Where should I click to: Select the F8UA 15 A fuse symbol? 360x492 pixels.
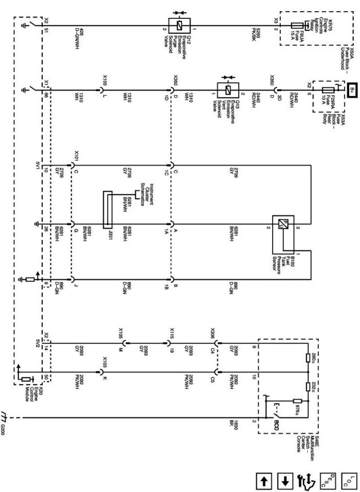click(297, 25)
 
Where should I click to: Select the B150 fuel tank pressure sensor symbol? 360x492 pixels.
click(281, 223)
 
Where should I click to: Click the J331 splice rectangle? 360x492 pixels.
click(107, 210)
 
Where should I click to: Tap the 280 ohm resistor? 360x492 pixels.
click(307, 357)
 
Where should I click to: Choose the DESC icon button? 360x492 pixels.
click(327, 480)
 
